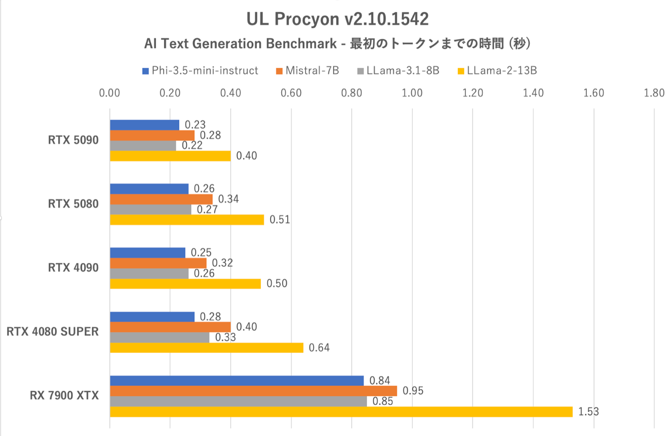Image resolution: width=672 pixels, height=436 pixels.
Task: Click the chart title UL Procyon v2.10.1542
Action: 337,19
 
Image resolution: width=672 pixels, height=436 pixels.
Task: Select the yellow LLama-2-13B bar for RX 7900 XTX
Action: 341,412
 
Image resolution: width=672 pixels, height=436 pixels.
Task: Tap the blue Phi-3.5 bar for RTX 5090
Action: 145,125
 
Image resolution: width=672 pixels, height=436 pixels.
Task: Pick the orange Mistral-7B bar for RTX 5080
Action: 161,199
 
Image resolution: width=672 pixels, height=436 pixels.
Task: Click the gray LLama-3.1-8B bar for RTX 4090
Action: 149,273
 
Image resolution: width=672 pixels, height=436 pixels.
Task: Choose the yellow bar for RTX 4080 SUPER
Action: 206,347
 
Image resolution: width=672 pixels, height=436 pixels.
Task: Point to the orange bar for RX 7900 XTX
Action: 253,391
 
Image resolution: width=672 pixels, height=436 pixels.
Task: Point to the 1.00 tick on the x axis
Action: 412,93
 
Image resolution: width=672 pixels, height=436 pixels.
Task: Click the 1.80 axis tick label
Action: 654,93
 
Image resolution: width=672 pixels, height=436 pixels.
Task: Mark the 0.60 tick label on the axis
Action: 291,93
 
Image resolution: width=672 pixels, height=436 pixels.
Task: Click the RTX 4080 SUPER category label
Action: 53,332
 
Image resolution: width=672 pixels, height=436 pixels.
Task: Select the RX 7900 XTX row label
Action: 64,396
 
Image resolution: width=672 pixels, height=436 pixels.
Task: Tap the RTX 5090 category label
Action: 73,140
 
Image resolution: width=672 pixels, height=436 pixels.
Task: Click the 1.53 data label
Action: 588,412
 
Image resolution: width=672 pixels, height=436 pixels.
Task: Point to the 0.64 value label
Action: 319,347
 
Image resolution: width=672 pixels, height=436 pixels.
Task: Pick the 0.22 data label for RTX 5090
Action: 192,145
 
